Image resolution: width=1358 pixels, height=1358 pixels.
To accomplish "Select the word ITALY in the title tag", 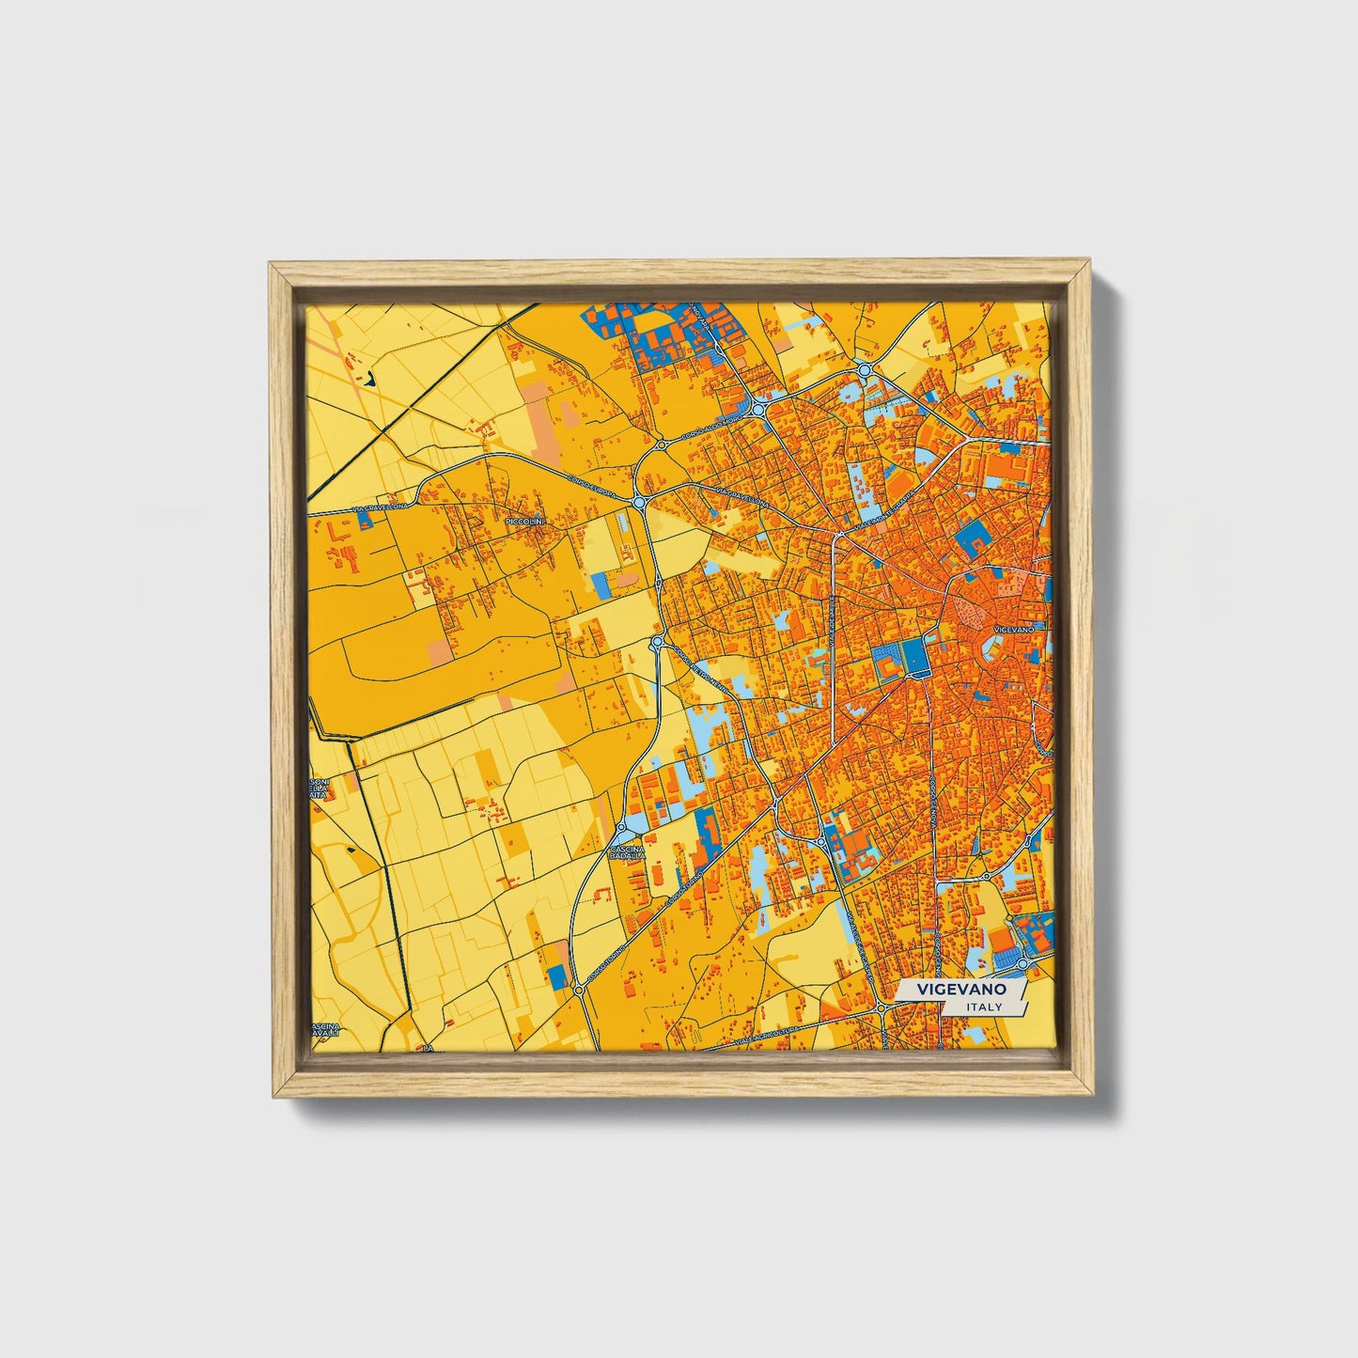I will coord(983,1007).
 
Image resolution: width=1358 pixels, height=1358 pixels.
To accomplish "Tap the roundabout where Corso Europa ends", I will coord(640,503).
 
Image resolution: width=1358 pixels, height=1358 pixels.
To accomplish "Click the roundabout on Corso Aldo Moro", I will coord(757,410).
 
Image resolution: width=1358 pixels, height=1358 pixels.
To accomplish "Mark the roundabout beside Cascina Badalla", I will coord(621,831).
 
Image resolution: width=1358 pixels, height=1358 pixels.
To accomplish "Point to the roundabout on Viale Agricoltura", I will coord(881,1008).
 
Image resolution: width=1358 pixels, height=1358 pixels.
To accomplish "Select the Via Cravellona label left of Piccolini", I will coord(375,508).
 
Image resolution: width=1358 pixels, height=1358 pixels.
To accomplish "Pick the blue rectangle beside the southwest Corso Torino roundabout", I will coord(557,976).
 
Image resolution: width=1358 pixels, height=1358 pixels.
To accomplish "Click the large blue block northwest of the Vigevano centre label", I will coord(972,542).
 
